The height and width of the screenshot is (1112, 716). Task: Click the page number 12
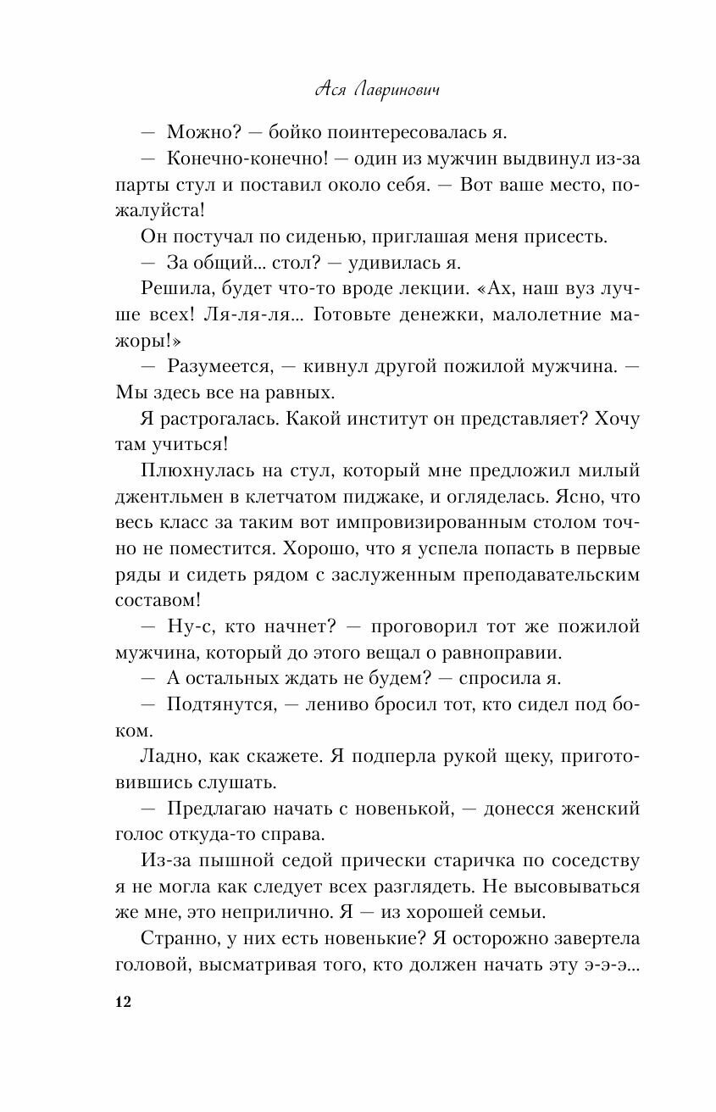(x=122, y=1004)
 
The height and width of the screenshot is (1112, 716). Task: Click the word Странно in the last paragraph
(x=177, y=940)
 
